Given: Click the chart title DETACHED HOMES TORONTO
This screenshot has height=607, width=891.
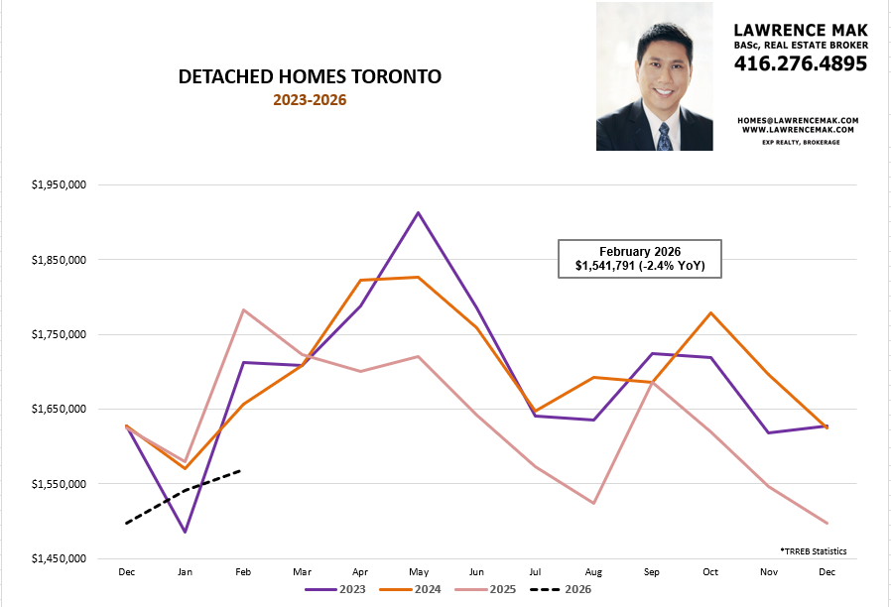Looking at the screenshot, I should coord(311,76).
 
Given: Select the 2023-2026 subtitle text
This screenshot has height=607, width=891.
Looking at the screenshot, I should coord(311,100).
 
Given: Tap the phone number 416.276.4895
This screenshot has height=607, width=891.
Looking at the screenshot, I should coord(801,63).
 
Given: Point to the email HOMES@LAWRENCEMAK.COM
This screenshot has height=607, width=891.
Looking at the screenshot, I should coord(798,120).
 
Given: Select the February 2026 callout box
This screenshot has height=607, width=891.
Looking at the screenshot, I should coord(639,259).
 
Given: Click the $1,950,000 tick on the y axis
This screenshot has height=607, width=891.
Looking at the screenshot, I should coord(61,185).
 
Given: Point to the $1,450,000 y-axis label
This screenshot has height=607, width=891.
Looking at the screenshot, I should coord(61,558).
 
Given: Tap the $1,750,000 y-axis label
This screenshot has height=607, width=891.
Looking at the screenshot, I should coord(61,334).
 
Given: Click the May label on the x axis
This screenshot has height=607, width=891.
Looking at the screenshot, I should coord(418,572).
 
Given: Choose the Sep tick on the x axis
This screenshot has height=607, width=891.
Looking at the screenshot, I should coord(651,572).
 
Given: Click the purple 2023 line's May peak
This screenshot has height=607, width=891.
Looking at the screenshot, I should coord(418,212).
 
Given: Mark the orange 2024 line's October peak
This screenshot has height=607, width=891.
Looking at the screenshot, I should coord(709,313).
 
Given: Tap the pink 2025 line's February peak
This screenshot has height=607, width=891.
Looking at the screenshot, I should coord(243,309).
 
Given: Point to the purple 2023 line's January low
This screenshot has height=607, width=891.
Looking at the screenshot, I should coord(185,533).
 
